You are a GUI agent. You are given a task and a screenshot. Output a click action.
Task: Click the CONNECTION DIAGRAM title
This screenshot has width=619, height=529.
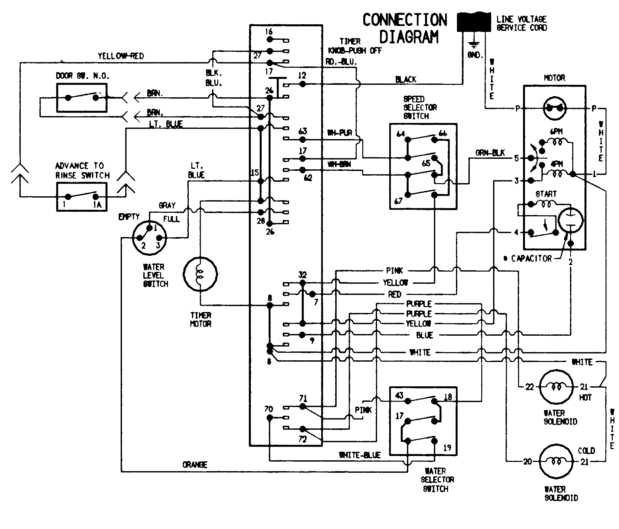(405, 29)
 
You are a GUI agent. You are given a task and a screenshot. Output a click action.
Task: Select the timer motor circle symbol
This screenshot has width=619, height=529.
(200, 274)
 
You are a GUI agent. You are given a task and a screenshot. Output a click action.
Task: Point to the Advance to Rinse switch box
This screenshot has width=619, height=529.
(82, 197)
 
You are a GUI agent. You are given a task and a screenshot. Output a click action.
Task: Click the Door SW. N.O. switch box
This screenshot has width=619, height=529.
(82, 98)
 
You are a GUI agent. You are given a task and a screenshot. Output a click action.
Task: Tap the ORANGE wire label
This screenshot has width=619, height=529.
(195, 465)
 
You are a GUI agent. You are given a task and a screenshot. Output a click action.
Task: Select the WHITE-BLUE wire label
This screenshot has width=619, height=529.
(360, 455)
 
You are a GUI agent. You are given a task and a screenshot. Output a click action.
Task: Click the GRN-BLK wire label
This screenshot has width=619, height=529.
(490, 153)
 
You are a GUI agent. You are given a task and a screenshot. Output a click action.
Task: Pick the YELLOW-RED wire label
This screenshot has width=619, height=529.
(121, 56)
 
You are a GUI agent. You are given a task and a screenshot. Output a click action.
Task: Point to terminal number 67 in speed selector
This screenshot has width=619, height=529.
(398, 201)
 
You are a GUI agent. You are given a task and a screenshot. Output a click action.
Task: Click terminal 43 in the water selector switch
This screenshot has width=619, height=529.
(399, 395)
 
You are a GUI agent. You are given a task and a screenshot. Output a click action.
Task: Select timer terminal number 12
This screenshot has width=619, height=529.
(302, 76)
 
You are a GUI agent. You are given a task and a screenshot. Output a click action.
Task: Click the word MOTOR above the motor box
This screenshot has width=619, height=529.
(554, 78)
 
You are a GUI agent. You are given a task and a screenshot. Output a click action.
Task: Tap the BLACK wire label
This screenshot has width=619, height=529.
(406, 79)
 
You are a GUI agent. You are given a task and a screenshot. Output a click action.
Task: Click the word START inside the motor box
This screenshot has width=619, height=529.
(546, 194)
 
